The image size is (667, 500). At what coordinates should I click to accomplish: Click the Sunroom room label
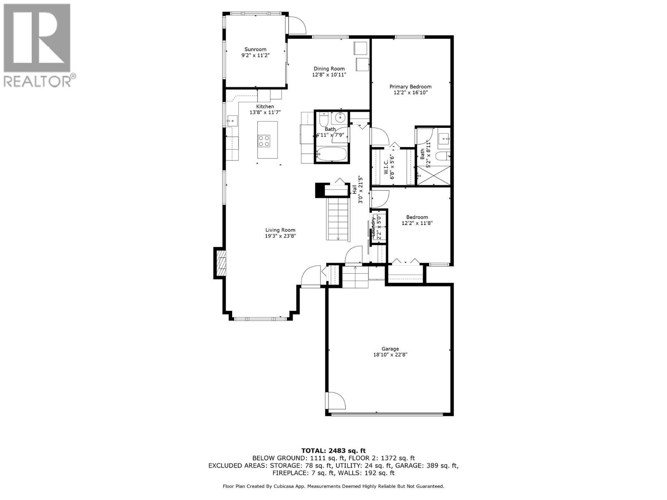click(x=255, y=49)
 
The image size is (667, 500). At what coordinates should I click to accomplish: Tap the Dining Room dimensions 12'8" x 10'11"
click(x=329, y=75)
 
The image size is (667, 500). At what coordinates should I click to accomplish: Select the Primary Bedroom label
click(x=410, y=87)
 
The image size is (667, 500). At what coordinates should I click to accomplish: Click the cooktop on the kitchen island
click(x=264, y=141)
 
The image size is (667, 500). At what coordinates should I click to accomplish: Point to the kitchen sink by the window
click(x=231, y=121)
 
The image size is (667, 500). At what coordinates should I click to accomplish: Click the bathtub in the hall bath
click(x=331, y=155)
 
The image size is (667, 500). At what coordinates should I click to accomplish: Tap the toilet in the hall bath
click(x=323, y=120)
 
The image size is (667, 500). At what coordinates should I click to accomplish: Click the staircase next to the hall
click(x=338, y=219)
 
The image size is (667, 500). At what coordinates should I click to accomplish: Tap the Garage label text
click(x=390, y=349)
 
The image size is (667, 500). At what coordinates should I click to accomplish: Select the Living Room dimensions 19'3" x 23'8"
click(x=280, y=236)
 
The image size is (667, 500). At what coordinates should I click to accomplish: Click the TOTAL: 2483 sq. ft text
click(x=333, y=450)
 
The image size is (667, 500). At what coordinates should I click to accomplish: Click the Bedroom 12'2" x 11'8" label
click(x=417, y=220)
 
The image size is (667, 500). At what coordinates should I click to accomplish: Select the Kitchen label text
click(x=265, y=107)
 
